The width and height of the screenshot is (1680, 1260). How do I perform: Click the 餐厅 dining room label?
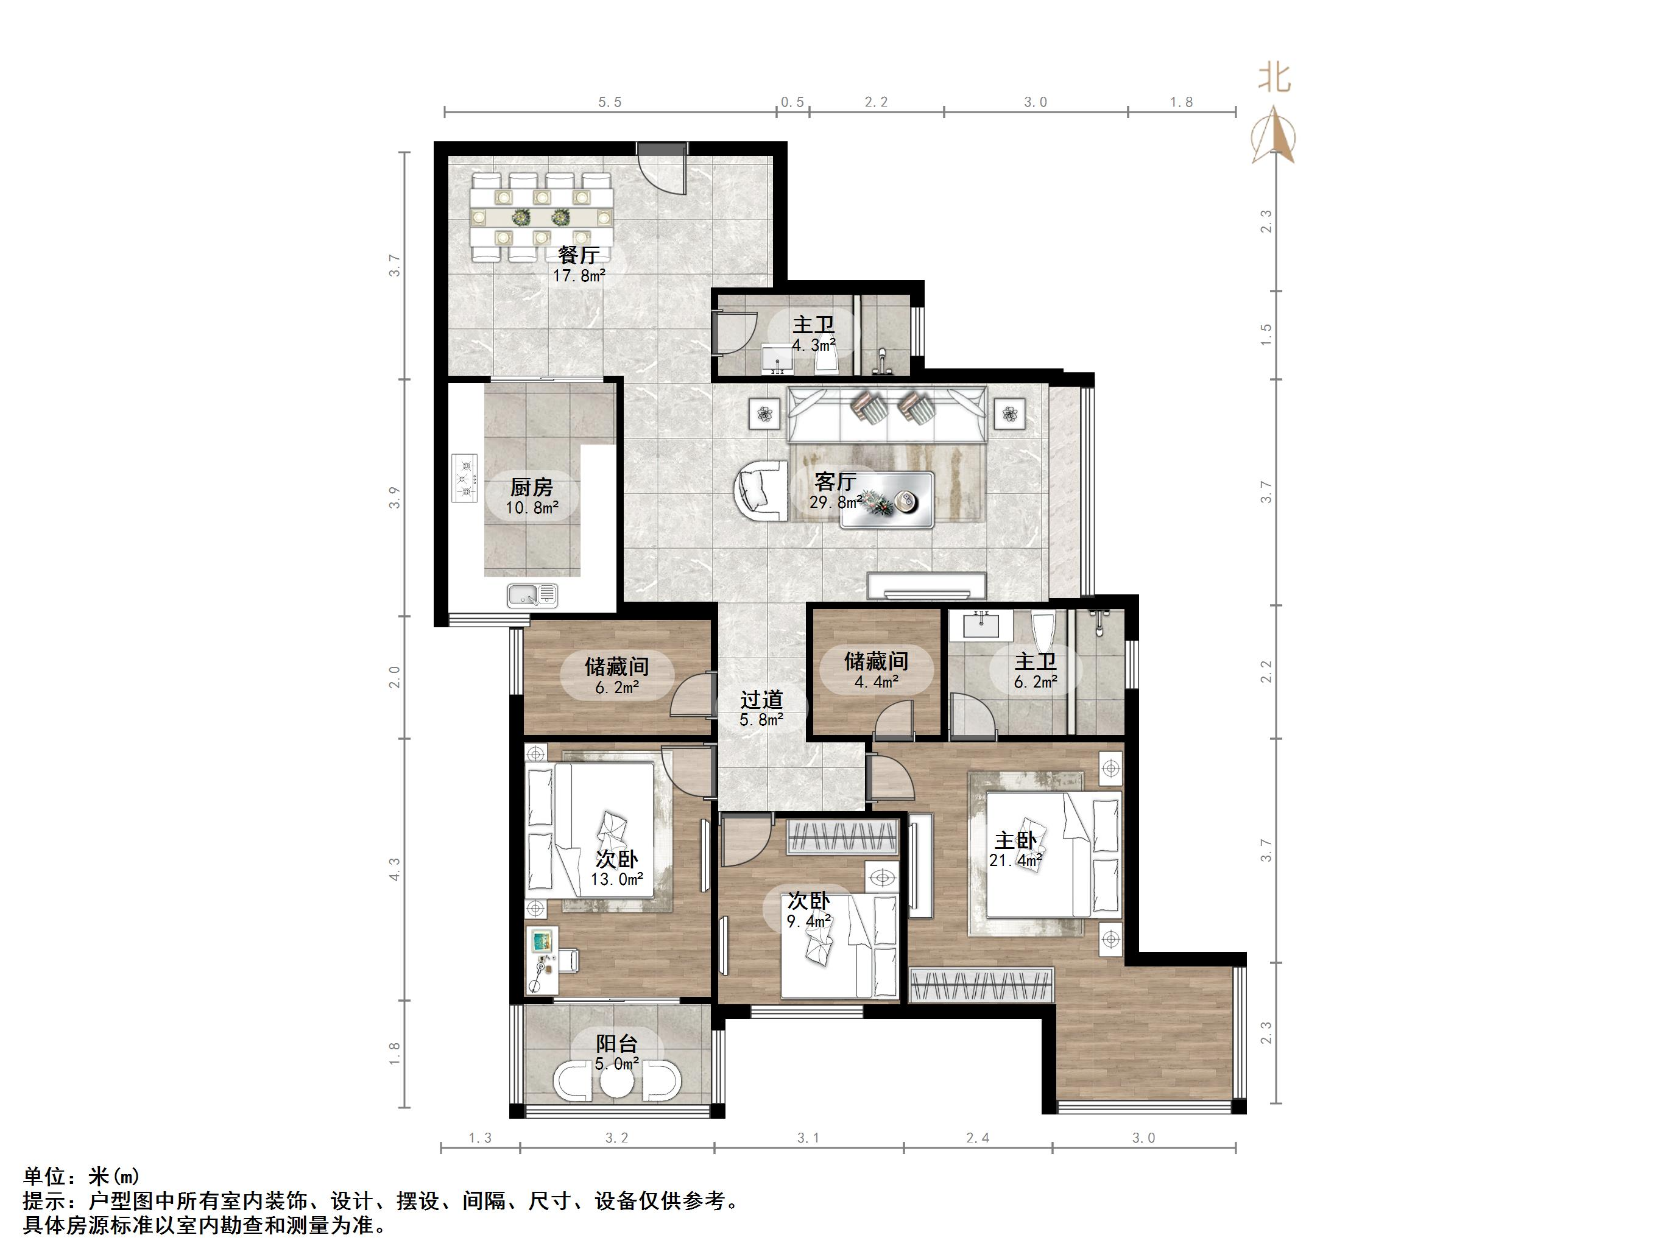579,255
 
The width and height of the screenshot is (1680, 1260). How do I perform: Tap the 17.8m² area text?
579,276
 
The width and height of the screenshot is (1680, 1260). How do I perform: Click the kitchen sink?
532,596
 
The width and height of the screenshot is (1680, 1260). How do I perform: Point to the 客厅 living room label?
836,482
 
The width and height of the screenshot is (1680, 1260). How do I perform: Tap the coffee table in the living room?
886,501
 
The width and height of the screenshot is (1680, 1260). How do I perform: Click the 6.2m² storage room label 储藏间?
616,667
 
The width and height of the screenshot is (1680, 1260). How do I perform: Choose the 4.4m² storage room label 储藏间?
877,661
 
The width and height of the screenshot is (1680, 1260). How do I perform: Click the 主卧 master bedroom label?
1015,841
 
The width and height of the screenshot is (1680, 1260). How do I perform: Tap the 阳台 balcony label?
616,1044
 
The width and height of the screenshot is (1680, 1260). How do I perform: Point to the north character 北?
1275,77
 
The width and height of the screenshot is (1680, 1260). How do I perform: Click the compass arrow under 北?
1275,135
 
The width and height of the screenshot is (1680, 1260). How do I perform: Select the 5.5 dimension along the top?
610,102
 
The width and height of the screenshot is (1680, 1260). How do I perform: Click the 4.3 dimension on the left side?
394,870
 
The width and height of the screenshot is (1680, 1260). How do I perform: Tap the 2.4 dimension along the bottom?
978,1138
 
